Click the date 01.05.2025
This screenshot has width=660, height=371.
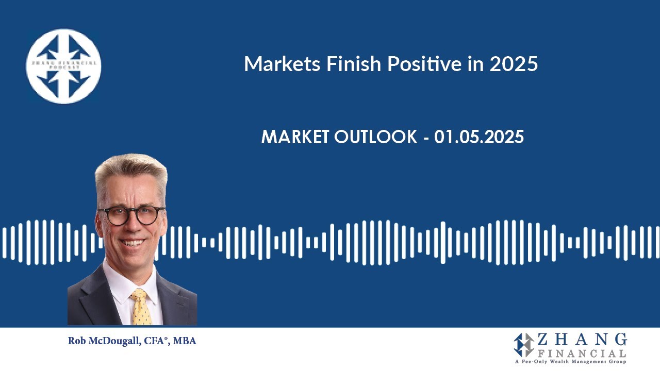click(479, 137)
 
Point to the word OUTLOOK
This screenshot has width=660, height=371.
click(376, 137)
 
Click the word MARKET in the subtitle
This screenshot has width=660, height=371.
click(295, 137)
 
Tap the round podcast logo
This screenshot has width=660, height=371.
click(64, 66)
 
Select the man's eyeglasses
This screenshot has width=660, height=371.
click(132, 214)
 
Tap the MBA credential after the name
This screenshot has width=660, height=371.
click(185, 341)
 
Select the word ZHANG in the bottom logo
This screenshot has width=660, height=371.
click(582, 340)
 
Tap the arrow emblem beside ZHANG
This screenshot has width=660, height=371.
click(524, 345)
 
